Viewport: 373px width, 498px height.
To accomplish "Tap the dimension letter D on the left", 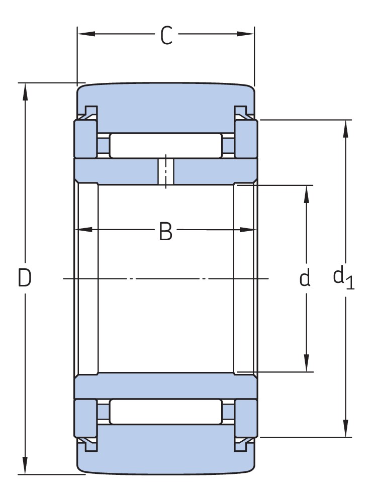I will (x=25, y=278).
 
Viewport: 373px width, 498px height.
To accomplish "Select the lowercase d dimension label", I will (x=305, y=278).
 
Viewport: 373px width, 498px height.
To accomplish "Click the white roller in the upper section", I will (x=165, y=146).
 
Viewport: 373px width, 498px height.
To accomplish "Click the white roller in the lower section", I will (x=165, y=411).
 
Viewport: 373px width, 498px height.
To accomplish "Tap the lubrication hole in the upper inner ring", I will (x=165, y=171).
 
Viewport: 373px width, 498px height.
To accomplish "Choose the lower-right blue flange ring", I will (x=246, y=418).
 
